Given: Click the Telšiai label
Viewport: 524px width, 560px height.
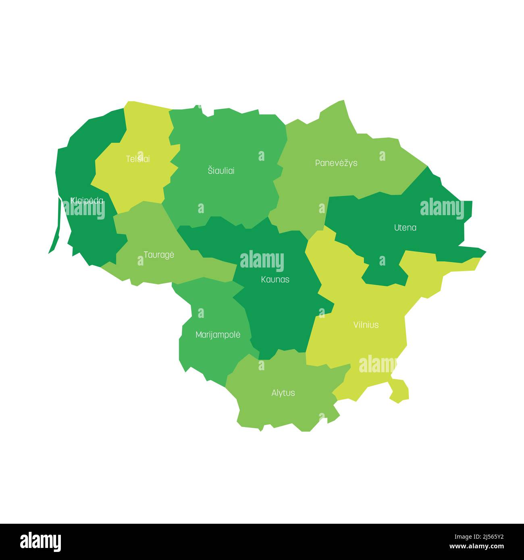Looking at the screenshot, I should (x=138, y=159).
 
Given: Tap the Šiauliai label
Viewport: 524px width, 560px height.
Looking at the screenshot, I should (x=221, y=171).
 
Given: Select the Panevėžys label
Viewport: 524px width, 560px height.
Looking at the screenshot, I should (x=336, y=163).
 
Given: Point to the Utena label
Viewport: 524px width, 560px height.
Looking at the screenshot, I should (x=405, y=228).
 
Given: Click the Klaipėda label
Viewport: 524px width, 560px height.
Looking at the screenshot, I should (x=87, y=201).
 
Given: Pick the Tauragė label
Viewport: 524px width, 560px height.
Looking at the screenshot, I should (x=159, y=255).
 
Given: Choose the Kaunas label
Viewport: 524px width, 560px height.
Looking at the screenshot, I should (x=275, y=279).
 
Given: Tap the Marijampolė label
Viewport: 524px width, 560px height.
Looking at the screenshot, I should (x=218, y=335).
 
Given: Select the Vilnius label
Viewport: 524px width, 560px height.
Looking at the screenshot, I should (x=366, y=325).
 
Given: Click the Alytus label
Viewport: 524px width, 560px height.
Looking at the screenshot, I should (x=283, y=393).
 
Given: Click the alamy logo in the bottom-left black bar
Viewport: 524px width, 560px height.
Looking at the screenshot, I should (x=40, y=541).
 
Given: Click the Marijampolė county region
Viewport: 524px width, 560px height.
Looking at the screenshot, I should (x=210, y=351).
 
